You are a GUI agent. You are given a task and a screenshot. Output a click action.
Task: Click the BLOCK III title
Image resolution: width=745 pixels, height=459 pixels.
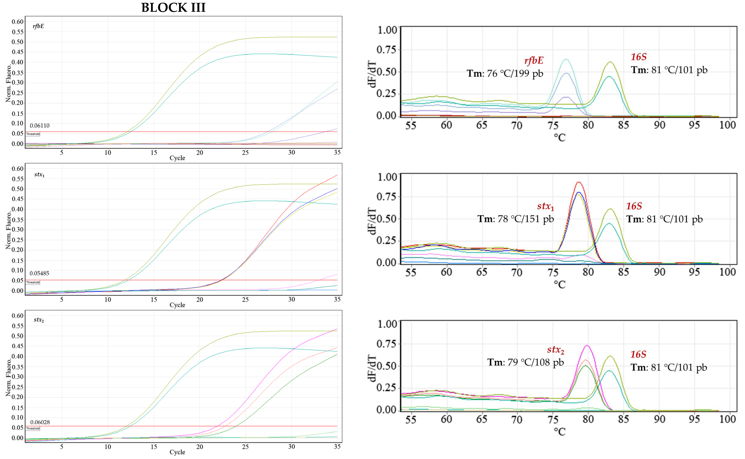click(173, 8)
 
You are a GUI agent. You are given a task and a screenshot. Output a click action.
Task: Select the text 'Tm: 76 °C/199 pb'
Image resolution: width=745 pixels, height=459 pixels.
click(505, 73)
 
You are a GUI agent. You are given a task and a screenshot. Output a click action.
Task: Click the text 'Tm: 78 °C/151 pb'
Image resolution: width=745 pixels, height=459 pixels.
click(515, 219)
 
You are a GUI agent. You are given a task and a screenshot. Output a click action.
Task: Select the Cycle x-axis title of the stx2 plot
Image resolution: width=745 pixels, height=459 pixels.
click(177, 452)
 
